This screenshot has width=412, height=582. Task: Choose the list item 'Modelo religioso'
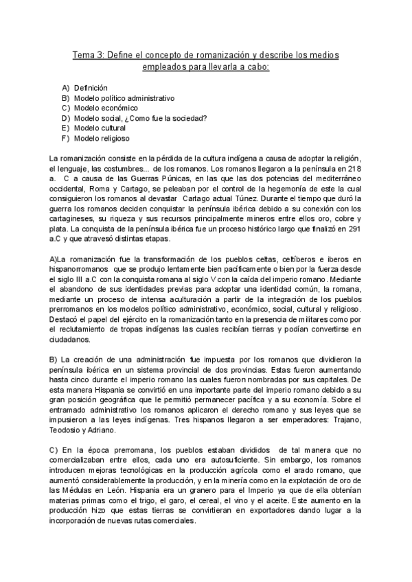pyautogui.click(x=102, y=138)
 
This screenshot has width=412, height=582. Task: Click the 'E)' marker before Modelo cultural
pyautogui.click(x=65, y=128)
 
